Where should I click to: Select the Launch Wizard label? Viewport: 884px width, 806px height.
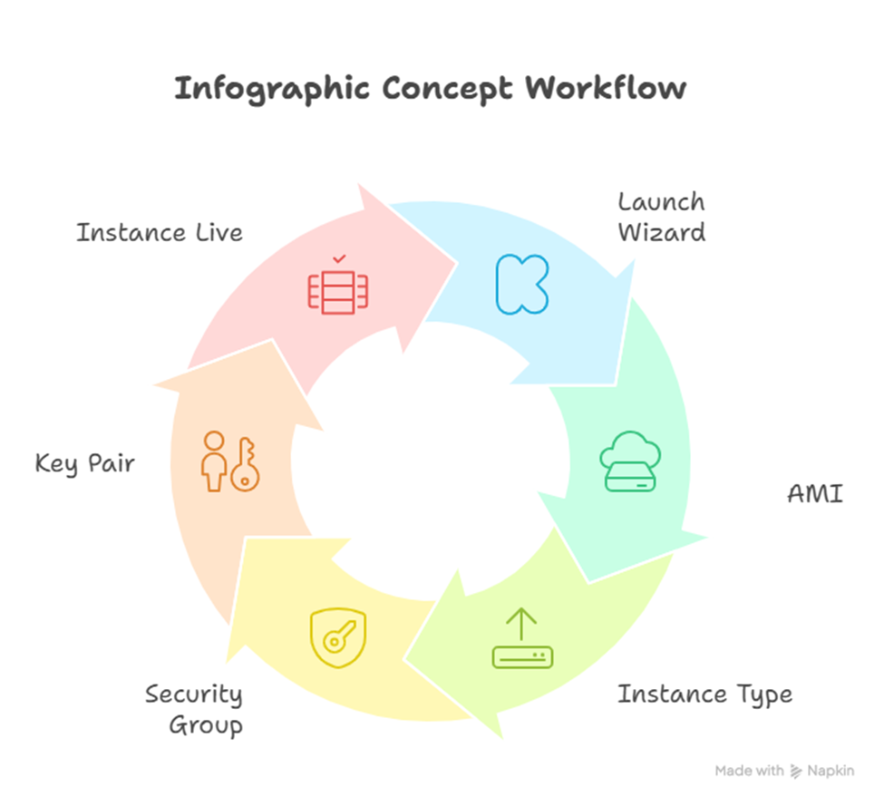[661, 217]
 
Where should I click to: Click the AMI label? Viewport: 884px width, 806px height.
[814, 494]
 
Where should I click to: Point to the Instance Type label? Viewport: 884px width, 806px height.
[704, 694]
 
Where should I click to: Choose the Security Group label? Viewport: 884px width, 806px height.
[193, 710]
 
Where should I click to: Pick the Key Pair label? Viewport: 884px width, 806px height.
[84, 463]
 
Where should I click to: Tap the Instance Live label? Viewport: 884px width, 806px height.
[160, 233]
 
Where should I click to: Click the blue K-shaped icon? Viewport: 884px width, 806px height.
[521, 284]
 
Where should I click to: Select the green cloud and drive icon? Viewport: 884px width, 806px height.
[629, 462]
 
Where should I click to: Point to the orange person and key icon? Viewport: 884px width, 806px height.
[229, 462]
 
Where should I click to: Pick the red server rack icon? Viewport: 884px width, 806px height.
[338, 291]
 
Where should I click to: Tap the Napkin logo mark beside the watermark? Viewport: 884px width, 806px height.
[797, 772]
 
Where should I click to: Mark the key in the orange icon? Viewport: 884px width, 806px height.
[244, 466]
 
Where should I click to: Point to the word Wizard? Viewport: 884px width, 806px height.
[661, 232]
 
